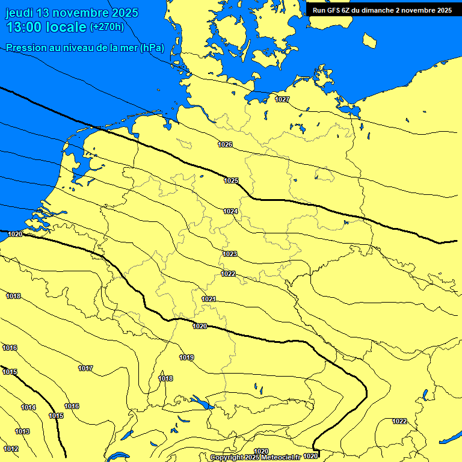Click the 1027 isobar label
282,99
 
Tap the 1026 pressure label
225,144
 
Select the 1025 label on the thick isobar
231,180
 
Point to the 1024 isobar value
230,211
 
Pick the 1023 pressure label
229,254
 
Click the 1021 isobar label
209,299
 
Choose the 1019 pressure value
186,357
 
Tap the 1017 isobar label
85,368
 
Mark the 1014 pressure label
28,407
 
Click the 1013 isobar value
22,431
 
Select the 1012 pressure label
10,449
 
